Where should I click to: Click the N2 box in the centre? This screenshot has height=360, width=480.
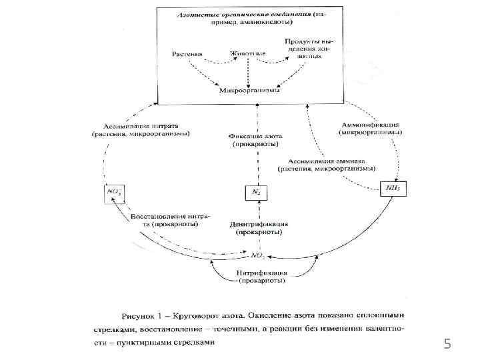[x=256, y=192]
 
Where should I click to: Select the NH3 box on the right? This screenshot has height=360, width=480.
[x=393, y=188]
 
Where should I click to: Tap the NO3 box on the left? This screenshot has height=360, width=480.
[x=113, y=192]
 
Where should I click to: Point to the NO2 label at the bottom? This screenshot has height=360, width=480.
[x=258, y=255]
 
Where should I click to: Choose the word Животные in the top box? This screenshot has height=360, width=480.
[x=248, y=52]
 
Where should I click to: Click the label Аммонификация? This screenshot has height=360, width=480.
[x=370, y=125]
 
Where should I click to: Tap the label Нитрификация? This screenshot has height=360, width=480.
[x=262, y=273]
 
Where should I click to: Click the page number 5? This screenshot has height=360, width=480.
[x=447, y=344]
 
